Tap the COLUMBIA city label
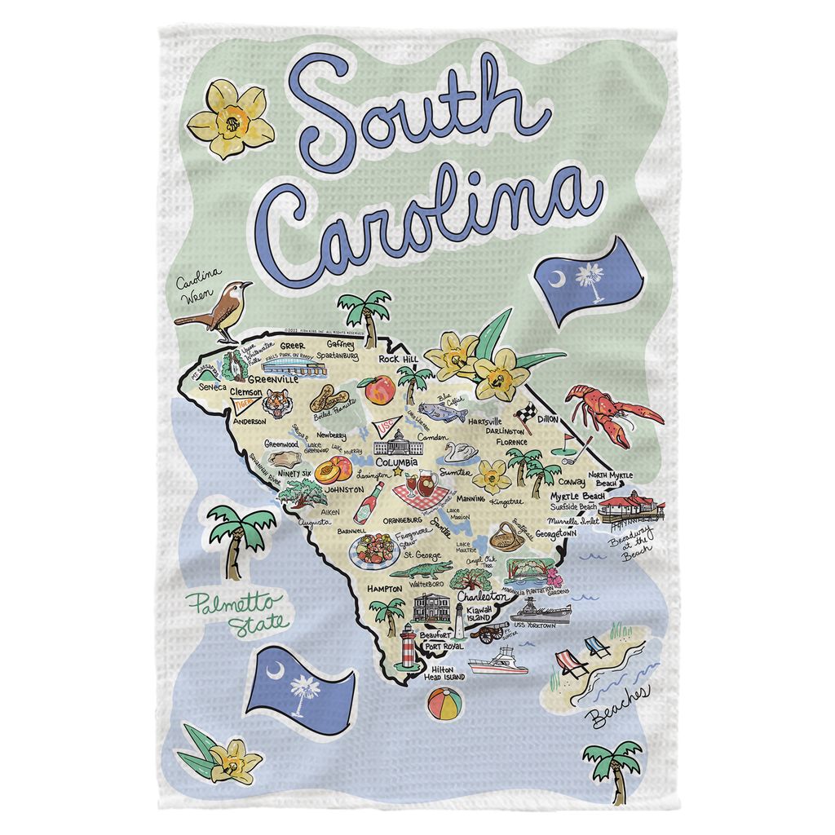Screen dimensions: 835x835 (391, 462)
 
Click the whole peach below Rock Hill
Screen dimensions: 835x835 (379, 391)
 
